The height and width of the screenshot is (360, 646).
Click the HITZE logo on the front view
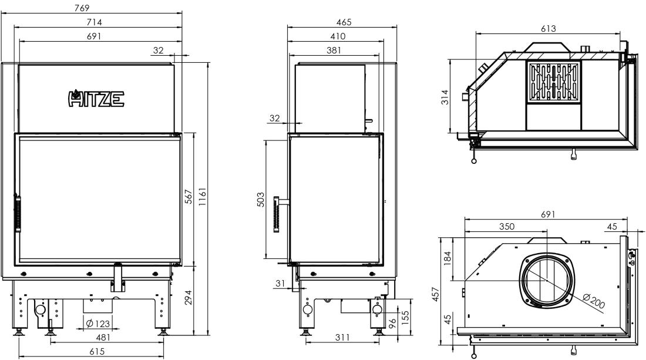pyautogui.click(x=96, y=99)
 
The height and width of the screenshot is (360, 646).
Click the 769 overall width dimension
pyautogui.click(x=82, y=8)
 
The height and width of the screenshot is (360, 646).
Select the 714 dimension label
pyautogui.click(x=95, y=22)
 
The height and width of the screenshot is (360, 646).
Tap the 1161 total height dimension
pyautogui.click(x=202, y=197)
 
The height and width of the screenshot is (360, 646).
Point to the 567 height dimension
pyautogui.click(x=189, y=197)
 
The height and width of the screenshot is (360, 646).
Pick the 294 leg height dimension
pyautogui.click(x=189, y=297)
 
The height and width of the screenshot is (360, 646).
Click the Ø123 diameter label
pyautogui.click(x=97, y=324)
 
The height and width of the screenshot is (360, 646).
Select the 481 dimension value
pyautogui.click(x=103, y=337)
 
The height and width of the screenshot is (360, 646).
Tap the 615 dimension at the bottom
pyautogui.click(x=97, y=351)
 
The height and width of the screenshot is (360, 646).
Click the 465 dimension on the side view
pyautogui.click(x=344, y=22)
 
